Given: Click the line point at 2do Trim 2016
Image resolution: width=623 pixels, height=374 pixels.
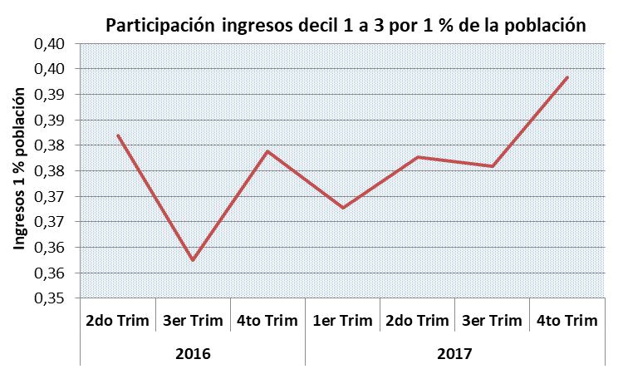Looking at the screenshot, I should tap(118, 135).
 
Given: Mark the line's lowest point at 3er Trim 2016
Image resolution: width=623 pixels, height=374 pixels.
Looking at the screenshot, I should tap(193, 260).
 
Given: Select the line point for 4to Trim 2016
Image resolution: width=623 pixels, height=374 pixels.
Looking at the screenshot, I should tap(267, 151).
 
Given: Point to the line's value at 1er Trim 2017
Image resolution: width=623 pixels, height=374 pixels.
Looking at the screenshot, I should tap(343, 208).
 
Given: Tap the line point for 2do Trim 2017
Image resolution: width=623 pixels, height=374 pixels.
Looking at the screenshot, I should tap(418, 157).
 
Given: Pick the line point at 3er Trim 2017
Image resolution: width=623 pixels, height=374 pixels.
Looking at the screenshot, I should tap(493, 166).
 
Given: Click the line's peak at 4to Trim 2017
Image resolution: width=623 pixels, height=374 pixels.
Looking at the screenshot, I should tap(567, 77).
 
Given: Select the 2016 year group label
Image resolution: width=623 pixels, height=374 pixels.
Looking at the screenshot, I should tap(193, 353).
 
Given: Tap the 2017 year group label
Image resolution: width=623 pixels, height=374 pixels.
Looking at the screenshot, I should tap(455, 353).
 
